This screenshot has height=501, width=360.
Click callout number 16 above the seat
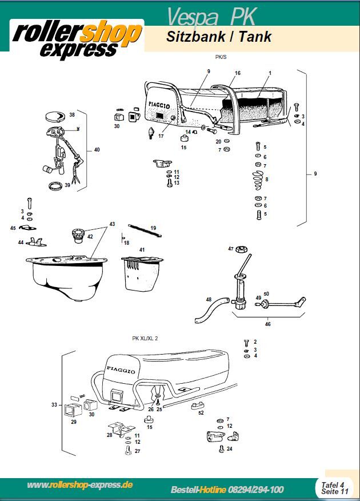pyautogui.click(x=238, y=73)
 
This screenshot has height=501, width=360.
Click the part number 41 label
pyautogui.click(x=142, y=250)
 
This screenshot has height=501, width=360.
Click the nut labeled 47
pyautogui.click(x=242, y=249)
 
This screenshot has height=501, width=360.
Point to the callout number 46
pyautogui.click(x=267, y=324)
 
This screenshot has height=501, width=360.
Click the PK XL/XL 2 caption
pyautogui.click(x=145, y=338)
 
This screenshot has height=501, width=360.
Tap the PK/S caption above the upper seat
pyautogui.click(x=219, y=57)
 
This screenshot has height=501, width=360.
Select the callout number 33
pyautogui.click(x=54, y=405)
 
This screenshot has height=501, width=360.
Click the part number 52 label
pyautogui.click(x=201, y=412)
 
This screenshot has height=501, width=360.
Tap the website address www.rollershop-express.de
pyautogui.click(x=80, y=485)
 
